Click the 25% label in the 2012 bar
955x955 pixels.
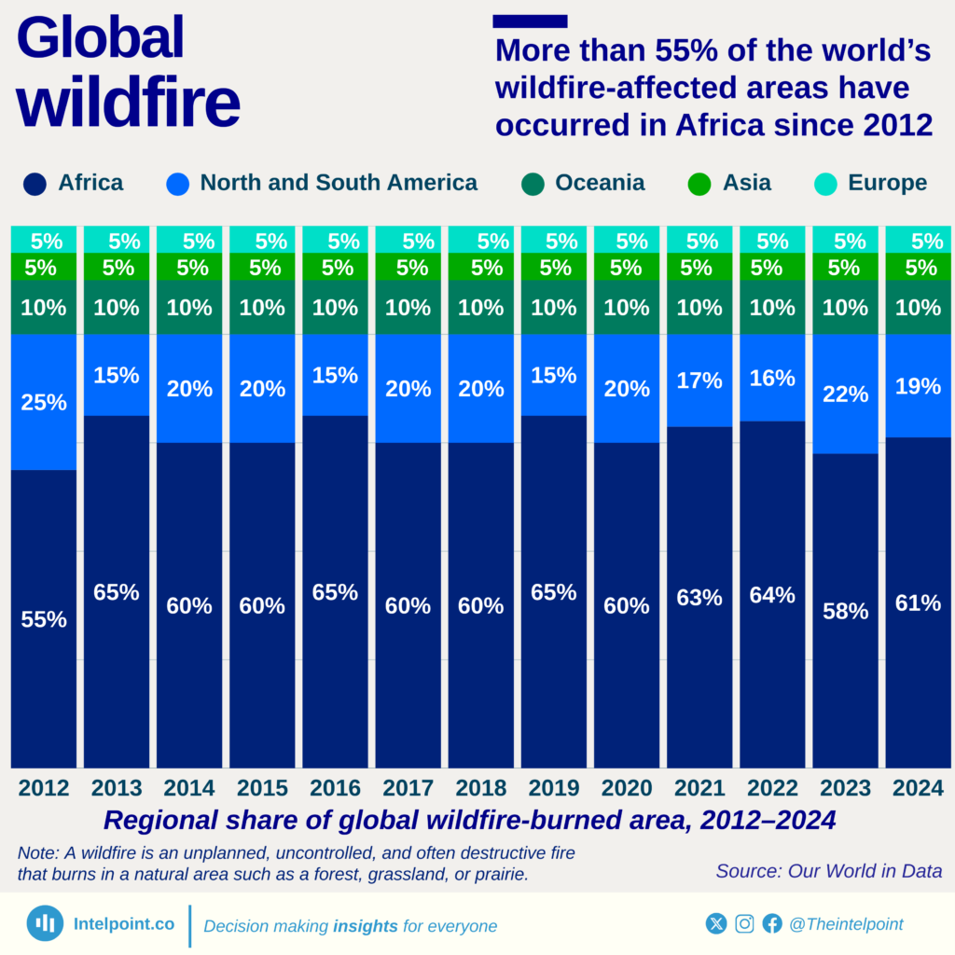point(44,403)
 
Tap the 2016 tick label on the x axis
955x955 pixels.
point(335,789)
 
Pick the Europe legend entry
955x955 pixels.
point(887,183)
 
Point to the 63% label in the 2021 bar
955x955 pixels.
point(699,598)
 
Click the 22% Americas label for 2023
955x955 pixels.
point(845,394)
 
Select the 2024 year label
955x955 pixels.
point(918,789)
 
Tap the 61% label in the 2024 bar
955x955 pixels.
point(918,603)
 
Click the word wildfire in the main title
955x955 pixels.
point(128,104)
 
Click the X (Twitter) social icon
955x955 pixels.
point(716,924)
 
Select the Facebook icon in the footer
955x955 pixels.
point(772,924)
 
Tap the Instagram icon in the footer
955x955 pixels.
point(744,924)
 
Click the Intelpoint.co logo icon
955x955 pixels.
point(44,923)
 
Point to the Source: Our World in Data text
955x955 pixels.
point(828,871)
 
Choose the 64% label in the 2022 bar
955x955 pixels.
point(772,595)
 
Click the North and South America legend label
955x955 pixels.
point(339,183)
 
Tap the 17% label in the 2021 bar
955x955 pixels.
point(699,381)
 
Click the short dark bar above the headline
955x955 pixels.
point(530,21)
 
